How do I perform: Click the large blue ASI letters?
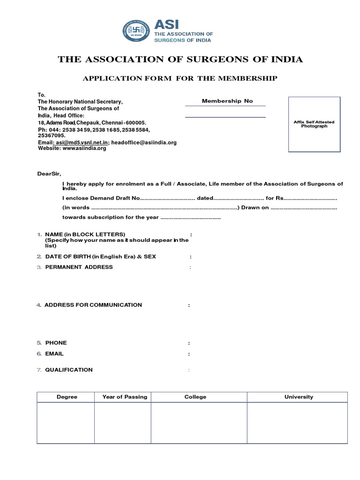coord(166,24)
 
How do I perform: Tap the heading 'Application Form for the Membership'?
coord(180,78)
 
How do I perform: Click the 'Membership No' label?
coord(227,101)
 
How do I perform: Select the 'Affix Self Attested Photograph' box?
coord(314,124)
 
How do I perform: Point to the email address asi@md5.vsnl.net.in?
coord(82,142)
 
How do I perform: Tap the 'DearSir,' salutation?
coord(49,174)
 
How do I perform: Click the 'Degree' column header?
coord(67,397)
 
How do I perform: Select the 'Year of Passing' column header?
coord(125,397)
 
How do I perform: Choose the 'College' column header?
coord(195,397)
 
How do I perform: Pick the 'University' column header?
coord(299,397)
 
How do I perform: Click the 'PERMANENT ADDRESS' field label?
coord(79,267)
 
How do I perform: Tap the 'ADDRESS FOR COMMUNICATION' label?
coord(93,305)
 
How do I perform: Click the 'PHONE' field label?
coord(56,343)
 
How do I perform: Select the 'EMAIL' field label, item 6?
coord(54,354)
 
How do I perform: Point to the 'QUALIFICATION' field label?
coord(69,370)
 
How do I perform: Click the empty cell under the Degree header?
coord(66,423)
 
